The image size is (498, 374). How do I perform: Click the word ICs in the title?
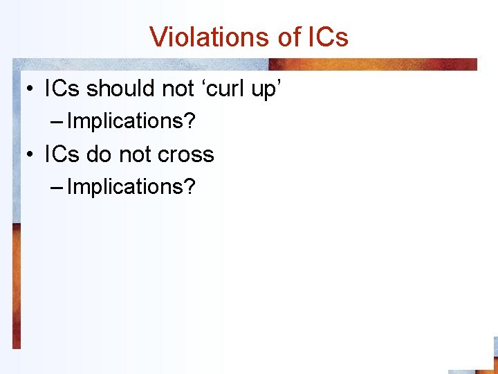325,37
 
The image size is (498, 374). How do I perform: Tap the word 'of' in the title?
287,37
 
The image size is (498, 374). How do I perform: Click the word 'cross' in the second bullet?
186,154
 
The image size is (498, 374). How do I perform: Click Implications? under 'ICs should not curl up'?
131,122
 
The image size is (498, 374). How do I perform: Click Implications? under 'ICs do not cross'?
131,187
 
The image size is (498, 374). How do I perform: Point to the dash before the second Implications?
57,188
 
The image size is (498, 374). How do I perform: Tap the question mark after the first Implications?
191,122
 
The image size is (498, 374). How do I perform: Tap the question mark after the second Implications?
191,187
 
